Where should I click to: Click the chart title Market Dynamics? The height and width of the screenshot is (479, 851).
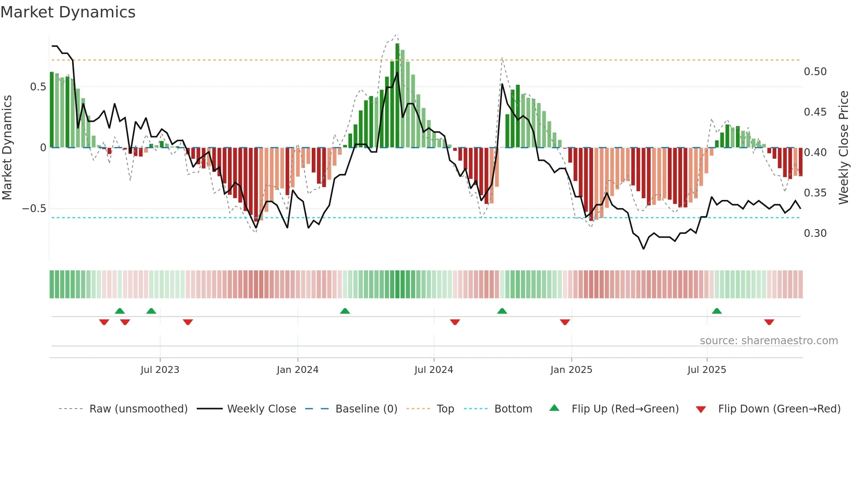[68, 12]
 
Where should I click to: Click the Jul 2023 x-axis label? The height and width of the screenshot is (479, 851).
[160, 370]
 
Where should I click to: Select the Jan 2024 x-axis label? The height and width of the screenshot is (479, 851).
[297, 370]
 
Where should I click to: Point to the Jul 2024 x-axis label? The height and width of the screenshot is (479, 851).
[433, 370]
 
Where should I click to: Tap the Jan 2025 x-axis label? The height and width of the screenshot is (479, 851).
[571, 370]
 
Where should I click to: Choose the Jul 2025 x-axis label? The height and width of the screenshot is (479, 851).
[706, 370]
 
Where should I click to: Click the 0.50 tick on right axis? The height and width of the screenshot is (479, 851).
[815, 72]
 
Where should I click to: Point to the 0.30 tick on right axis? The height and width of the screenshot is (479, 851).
[815, 233]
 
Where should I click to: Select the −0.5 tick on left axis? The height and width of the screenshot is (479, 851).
[34, 209]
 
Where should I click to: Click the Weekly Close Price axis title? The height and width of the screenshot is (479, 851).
[843, 147]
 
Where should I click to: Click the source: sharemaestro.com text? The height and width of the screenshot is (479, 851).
[769, 341]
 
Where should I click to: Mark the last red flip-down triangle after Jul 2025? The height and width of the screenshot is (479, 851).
[769, 322]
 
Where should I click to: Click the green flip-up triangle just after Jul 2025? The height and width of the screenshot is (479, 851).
[717, 311]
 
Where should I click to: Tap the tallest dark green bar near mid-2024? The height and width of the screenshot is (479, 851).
[397, 96]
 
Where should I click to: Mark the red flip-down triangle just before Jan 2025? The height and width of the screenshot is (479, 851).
[564, 322]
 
